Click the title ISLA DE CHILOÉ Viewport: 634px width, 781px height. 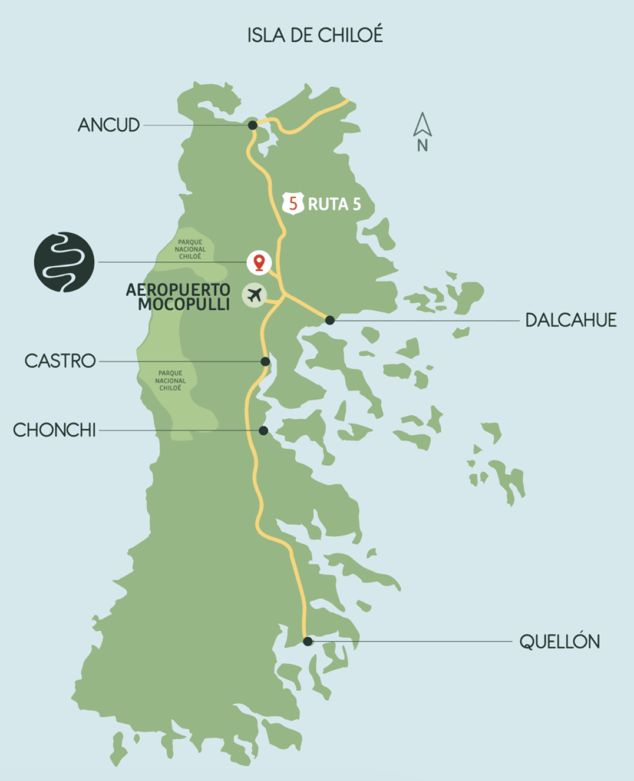315,35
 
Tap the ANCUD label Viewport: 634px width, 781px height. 108,125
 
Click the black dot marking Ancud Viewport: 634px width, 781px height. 252,125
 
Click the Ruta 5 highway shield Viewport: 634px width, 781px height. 293,203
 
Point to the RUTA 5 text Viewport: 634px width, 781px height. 334,204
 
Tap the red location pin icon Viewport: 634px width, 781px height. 259,262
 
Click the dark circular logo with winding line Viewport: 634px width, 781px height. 64,262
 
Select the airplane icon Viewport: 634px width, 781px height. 255,294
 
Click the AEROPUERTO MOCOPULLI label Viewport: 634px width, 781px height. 179,297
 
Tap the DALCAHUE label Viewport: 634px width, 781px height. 570,320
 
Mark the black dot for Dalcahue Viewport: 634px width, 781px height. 330,320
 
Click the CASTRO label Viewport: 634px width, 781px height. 60,360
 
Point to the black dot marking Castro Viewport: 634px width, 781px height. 265,361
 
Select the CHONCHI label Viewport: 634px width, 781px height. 54,430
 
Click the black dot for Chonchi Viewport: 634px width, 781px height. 263,431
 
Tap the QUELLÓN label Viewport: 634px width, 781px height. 559,641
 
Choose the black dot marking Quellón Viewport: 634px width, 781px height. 308,641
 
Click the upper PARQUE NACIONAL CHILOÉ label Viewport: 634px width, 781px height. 190,249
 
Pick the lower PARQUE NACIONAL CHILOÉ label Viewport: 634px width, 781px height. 170,380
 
